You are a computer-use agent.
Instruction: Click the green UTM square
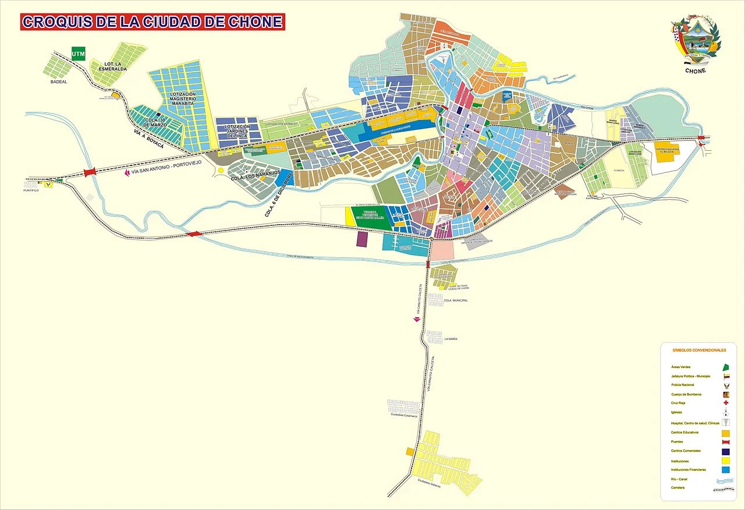coord(77,54)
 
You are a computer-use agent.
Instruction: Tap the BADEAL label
coord(59,82)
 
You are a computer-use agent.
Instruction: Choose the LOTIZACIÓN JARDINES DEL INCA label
coord(237,132)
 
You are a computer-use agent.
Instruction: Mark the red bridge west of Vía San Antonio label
coord(90,172)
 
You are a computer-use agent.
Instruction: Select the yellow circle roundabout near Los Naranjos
coord(221,170)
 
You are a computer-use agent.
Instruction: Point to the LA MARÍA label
coord(452,338)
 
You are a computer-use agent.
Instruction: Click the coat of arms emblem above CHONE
coord(696,41)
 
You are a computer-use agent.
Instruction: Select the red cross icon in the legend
coord(726,403)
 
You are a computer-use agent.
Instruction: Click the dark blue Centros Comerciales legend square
coord(725,451)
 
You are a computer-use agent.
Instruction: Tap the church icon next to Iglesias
coord(726,413)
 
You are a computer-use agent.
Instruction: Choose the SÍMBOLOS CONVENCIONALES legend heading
coord(699,350)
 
